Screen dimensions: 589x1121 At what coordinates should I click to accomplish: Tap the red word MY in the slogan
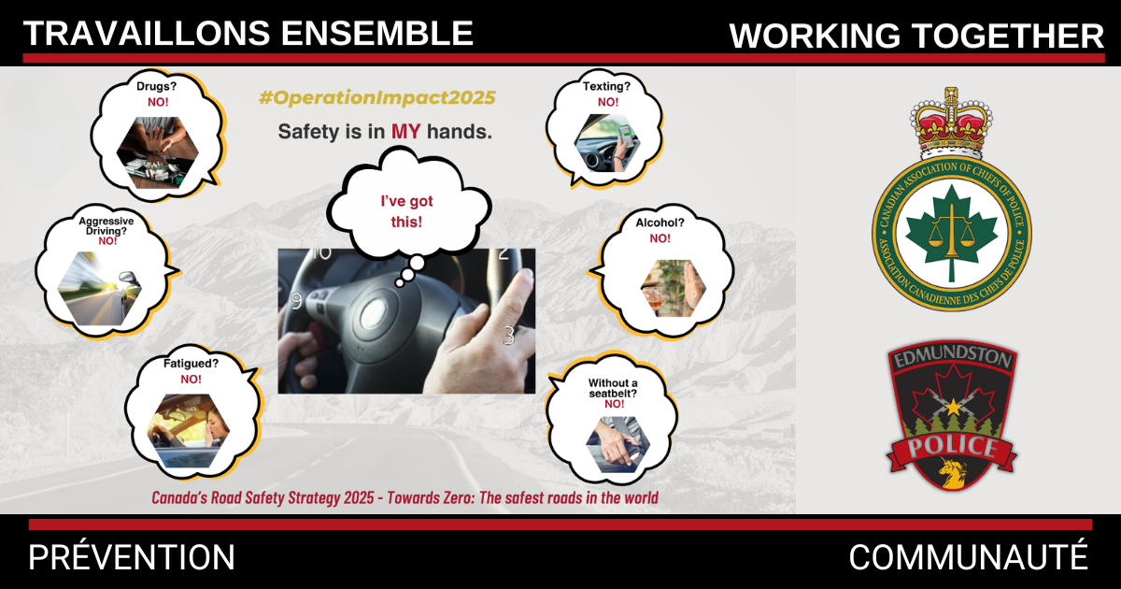click(405, 132)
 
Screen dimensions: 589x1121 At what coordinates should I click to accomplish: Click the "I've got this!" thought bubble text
click(405, 211)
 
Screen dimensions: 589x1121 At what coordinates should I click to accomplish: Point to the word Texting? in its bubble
click(607, 87)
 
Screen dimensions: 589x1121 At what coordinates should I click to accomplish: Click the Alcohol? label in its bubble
click(660, 224)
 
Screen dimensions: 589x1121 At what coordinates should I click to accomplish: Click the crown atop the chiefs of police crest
click(950, 122)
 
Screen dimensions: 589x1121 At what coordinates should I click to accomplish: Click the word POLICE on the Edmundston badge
click(952, 446)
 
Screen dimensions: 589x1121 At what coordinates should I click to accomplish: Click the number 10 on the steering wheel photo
click(321, 252)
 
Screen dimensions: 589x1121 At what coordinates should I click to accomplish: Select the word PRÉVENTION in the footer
click(132, 558)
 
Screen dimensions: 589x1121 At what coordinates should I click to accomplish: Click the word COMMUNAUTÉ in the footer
click(968, 558)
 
